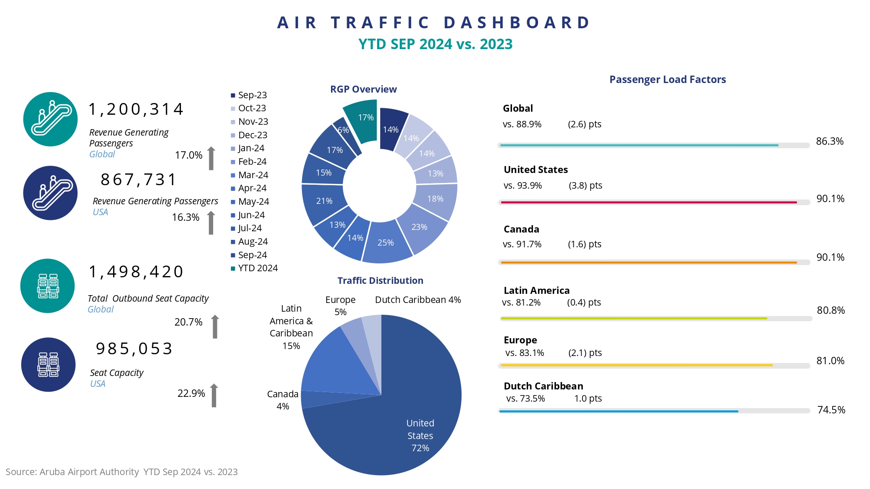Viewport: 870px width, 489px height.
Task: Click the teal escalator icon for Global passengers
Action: pyautogui.click(x=50, y=119)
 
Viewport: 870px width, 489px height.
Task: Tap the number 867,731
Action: pyautogui.click(x=138, y=179)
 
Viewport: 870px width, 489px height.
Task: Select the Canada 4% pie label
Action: pyautogui.click(x=283, y=400)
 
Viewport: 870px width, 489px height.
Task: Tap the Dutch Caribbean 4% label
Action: pyautogui.click(x=418, y=300)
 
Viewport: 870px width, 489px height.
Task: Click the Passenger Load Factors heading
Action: pyautogui.click(x=667, y=80)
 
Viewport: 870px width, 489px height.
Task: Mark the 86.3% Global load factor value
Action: pyautogui.click(x=830, y=141)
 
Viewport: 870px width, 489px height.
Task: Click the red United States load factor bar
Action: pyautogui.click(x=648, y=202)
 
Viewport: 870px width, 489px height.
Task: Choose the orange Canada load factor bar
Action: pyautogui.click(x=648, y=263)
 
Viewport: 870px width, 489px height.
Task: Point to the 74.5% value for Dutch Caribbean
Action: pyautogui.click(x=831, y=410)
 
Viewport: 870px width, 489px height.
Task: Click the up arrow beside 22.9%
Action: pyautogui.click(x=214, y=396)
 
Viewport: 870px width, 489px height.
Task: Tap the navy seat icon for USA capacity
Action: pyautogui.click(x=48, y=365)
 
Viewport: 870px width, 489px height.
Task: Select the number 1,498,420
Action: pyautogui.click(x=136, y=272)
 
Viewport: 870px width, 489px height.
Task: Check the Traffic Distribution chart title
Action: pyautogui.click(x=380, y=281)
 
